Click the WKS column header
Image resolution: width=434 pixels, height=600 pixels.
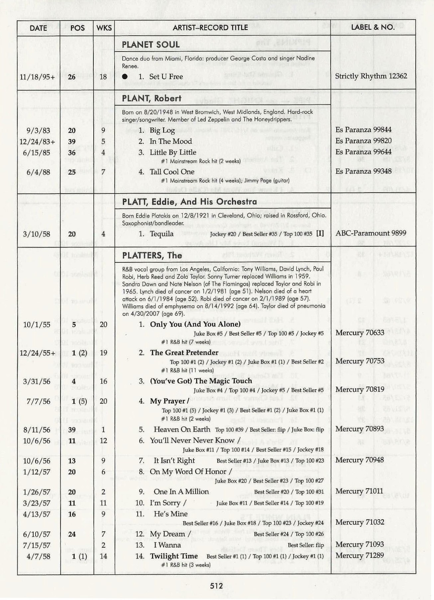coord(104,28)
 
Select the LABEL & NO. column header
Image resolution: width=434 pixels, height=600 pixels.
coord(373,27)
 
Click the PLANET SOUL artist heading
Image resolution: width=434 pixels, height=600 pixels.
coord(151,45)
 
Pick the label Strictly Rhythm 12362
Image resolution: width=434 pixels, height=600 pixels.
coord(371,76)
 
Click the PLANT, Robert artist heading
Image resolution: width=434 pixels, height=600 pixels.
coord(152,98)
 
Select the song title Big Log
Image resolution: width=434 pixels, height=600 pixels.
coord(162,130)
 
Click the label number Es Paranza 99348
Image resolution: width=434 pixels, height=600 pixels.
coord(364,171)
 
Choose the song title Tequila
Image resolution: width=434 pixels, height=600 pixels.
coord(162,234)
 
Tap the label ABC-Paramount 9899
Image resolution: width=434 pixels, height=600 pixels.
coord(371,233)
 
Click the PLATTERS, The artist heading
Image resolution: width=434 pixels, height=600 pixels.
coord(152,255)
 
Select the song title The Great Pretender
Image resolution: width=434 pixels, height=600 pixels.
coord(184,353)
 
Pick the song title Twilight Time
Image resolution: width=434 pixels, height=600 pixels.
coord(174,556)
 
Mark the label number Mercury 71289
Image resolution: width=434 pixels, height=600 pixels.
coord(360,555)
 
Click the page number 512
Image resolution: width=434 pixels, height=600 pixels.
coord(216,586)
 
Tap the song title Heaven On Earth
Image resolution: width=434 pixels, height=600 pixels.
coord(182,429)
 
